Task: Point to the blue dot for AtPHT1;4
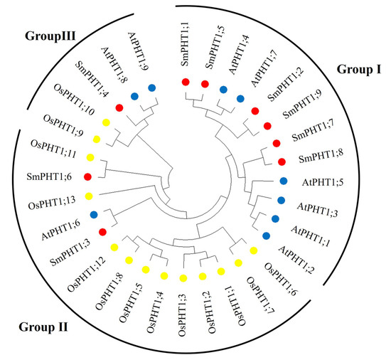223,90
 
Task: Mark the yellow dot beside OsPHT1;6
254,250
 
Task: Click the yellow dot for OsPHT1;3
183,277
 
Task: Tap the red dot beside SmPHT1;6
88,176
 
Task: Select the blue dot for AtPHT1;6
94,214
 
